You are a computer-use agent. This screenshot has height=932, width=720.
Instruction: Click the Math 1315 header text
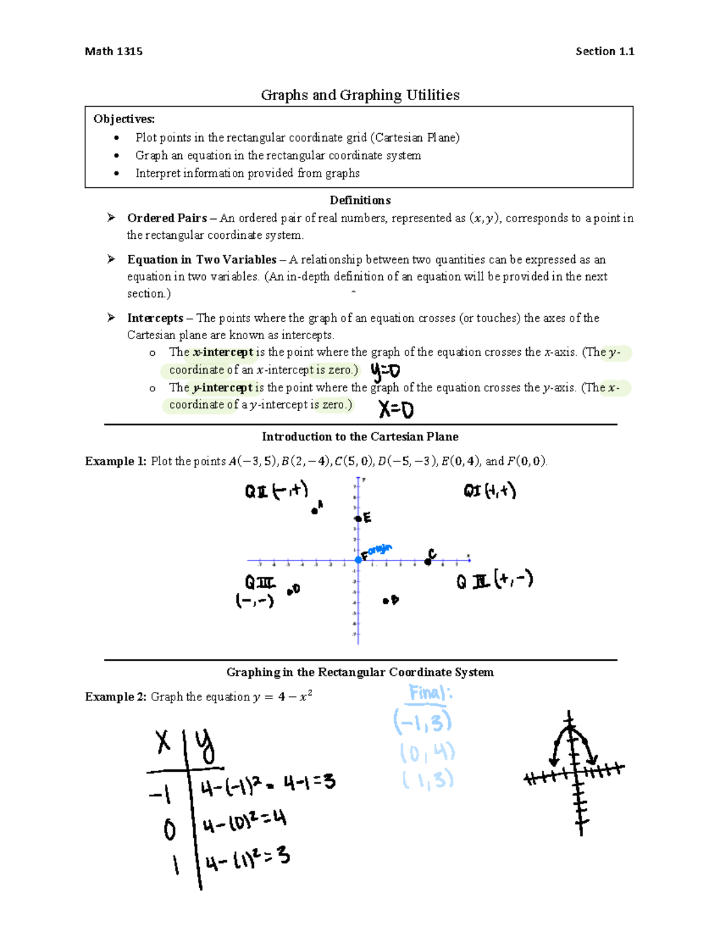(113, 52)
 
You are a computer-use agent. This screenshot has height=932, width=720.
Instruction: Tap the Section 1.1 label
(604, 52)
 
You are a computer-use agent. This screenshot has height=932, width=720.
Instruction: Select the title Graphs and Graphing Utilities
(360, 95)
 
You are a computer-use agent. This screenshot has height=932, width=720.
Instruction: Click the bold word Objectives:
(124, 119)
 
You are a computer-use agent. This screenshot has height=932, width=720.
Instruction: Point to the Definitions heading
(360, 200)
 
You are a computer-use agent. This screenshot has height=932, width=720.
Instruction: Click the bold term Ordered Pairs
(167, 218)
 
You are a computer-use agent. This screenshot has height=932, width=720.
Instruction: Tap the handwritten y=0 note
(385, 372)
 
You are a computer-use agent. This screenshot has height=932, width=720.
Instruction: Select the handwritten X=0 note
(395, 410)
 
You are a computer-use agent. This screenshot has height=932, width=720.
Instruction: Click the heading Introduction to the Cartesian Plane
(360, 437)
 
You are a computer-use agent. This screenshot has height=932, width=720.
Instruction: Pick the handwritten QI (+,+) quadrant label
(489, 491)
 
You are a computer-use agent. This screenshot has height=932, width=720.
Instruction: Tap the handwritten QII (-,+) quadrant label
(276, 491)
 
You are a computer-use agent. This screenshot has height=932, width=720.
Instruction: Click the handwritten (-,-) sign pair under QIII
(254, 601)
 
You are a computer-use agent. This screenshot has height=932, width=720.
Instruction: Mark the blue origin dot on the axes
(358, 560)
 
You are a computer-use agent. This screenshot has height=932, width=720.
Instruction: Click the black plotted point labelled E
(358, 519)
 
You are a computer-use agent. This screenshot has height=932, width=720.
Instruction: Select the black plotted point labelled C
(428, 561)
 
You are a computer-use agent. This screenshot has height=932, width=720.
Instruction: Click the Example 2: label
(115, 697)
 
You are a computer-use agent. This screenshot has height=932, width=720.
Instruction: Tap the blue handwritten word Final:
(430, 694)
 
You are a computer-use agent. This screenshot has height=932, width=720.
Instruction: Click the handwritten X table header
(163, 742)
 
